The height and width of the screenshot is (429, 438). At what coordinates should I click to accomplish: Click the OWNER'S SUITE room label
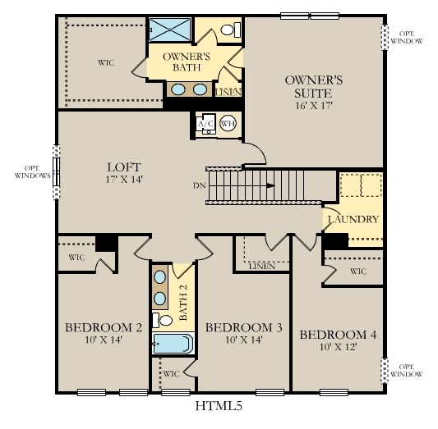click(x=313, y=86)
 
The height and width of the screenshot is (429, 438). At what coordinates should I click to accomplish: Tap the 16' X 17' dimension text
click(x=313, y=104)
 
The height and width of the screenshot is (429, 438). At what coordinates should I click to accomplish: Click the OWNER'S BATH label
click(x=187, y=62)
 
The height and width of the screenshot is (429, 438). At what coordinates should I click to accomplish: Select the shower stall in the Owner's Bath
click(x=171, y=29)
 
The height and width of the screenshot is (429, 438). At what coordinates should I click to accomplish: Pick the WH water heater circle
click(x=228, y=124)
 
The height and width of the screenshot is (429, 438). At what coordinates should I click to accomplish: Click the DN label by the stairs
click(x=199, y=185)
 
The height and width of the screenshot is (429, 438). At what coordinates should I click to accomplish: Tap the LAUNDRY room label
click(x=353, y=219)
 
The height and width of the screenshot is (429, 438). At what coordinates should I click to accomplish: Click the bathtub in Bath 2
click(x=172, y=344)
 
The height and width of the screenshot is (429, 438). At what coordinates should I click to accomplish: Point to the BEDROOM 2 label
click(x=104, y=327)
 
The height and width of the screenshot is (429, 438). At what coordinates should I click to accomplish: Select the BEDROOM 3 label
click(x=243, y=327)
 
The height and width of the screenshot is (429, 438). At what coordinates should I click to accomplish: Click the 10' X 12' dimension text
click(x=338, y=349)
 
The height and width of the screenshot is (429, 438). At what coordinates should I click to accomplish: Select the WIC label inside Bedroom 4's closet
click(x=358, y=272)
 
